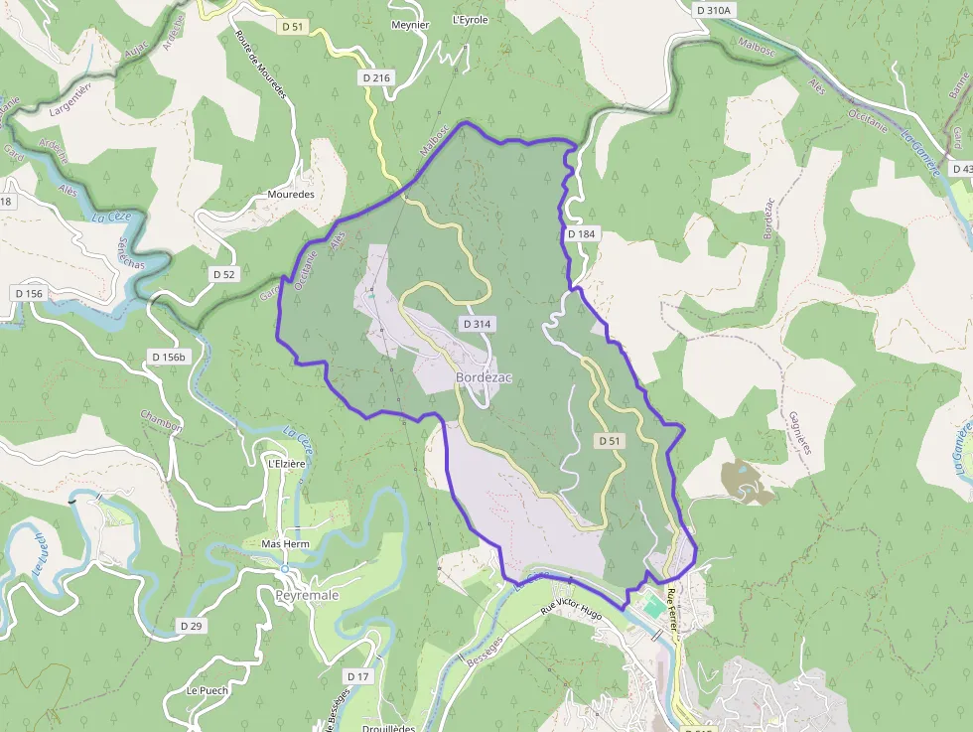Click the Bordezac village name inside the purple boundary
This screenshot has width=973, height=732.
coord(484,378)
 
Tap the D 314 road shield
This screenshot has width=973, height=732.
coord(477,325)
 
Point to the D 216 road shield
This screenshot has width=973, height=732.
coord(377,77)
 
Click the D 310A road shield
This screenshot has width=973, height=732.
coord(713,10)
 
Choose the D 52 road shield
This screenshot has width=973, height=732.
coord(223,273)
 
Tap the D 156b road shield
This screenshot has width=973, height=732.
coord(168,357)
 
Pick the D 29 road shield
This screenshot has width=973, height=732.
coord(192,626)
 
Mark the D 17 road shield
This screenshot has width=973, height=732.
coord(358,676)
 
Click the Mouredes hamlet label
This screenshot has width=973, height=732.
coord(291,195)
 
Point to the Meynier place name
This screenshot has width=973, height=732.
coord(410,24)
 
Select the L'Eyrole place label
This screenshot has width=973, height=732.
coord(471,20)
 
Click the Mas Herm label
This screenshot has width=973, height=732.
coord(285,544)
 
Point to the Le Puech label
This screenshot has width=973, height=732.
coord(207,690)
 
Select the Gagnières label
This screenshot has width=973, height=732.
coord(799,433)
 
